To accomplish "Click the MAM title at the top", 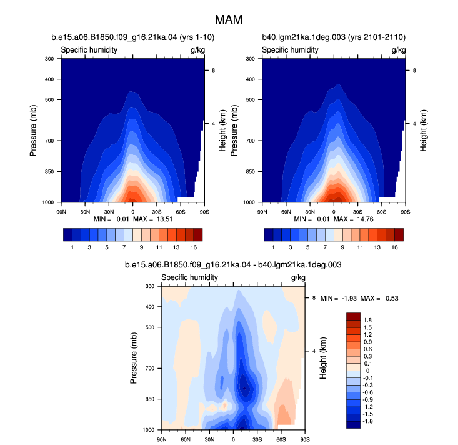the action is point(229,20).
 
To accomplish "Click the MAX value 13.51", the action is point(164,219).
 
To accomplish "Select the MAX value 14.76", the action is point(365,219).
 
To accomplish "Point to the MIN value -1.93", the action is point(349,298).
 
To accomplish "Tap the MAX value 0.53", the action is point(392,298).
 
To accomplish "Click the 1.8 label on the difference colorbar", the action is point(367,321).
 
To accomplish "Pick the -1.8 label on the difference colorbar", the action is point(367,421).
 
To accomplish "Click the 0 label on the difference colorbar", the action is point(367,371).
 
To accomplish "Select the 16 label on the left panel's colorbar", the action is point(194,247).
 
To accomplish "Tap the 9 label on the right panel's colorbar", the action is point(342,247).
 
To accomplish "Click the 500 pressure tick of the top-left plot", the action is point(49,99).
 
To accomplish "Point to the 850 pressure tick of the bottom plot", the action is point(150,399).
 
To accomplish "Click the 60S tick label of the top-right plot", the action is point(381,212).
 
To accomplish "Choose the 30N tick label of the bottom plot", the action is point(209,439).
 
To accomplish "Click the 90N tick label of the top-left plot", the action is point(61,212).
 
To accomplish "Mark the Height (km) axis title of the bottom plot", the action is point(323,358).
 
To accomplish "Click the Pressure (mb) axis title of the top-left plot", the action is point(33,131).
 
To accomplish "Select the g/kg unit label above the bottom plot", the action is point(298,277).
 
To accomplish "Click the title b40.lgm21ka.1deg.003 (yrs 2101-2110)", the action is point(334,37).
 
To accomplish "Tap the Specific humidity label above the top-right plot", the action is point(290,49).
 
